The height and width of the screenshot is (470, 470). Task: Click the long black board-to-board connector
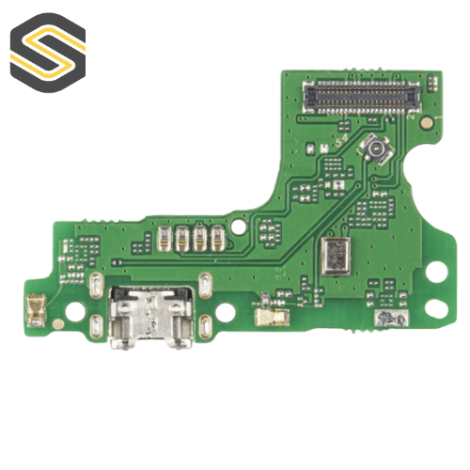[359, 97]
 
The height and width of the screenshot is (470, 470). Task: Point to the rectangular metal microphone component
[334, 252]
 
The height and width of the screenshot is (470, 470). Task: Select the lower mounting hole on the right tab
[435, 307]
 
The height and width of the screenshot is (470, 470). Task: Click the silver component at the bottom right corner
[385, 320]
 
